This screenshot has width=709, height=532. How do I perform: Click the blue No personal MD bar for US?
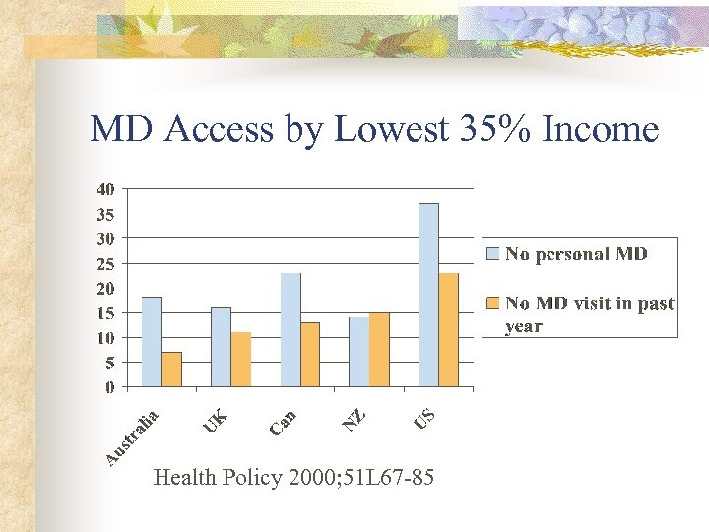428,295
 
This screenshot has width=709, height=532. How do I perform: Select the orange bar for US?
449,329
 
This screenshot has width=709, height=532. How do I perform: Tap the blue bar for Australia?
152,341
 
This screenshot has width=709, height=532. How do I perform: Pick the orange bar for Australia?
172,368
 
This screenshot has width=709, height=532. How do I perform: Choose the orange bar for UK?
241,359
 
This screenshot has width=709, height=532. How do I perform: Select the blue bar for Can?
290,329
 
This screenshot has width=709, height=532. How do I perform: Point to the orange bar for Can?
311,354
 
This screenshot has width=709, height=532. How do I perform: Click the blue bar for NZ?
358,351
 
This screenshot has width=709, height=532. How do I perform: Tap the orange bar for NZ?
379,349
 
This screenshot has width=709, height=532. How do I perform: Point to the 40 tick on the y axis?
104,188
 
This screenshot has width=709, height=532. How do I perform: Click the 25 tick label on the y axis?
104,263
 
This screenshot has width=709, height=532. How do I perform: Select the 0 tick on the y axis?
109,387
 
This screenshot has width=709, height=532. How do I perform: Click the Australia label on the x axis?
132,437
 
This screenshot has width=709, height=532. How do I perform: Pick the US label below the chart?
424,419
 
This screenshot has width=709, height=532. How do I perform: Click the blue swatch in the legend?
495,254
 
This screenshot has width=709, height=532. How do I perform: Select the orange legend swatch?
495,303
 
